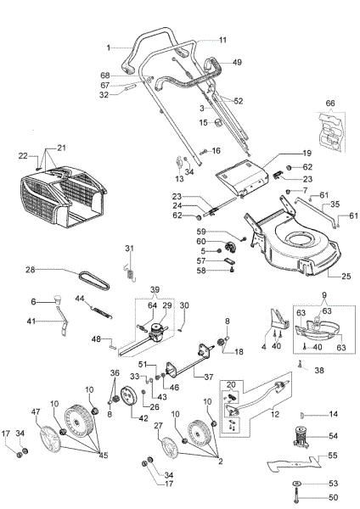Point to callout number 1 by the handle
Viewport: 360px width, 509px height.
[110, 47]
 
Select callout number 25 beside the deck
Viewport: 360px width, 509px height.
[346, 277]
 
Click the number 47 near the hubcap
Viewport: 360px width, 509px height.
[37, 411]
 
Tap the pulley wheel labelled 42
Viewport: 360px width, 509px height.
[129, 396]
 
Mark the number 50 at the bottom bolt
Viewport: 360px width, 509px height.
[332, 497]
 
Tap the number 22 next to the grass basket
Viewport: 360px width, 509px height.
[24, 155]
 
